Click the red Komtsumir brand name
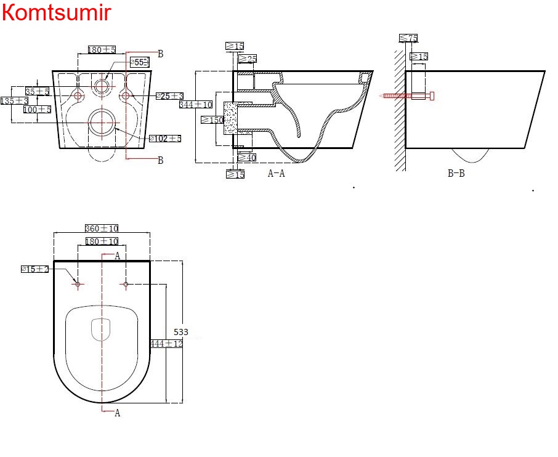point(57,12)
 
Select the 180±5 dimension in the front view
point(102,49)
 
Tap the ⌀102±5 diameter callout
point(165,139)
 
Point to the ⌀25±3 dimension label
point(169,96)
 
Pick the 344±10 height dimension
point(196,105)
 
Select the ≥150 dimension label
point(212,120)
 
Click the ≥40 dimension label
point(246,158)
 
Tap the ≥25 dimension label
point(247,59)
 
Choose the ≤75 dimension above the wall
point(408,38)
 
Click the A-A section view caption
point(276,174)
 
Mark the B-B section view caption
point(456,174)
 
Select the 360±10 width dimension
point(102,228)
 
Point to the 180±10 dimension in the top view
point(102,241)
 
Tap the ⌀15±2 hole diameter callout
point(34,269)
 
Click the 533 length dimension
point(180,332)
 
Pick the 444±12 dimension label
point(167,344)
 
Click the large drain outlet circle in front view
point(101,123)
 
